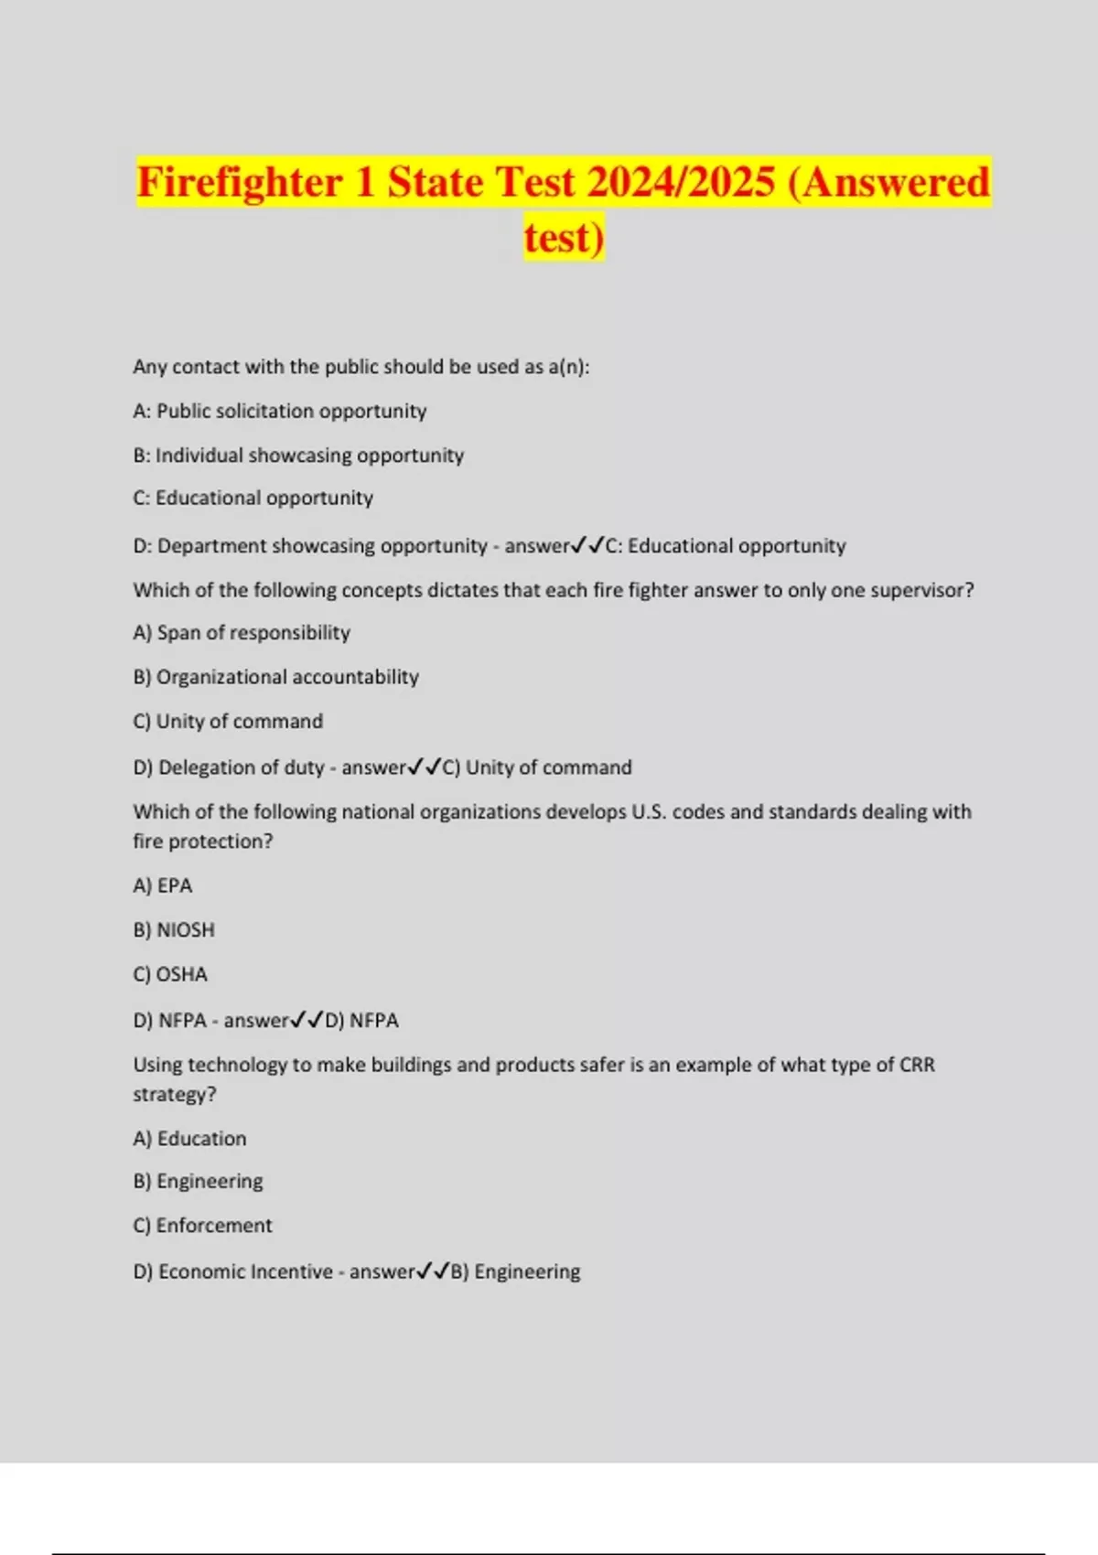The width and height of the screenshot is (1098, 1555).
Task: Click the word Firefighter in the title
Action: tap(240, 182)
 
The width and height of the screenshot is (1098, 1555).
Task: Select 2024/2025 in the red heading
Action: tap(681, 182)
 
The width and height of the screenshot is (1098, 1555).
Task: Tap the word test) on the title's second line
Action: tap(564, 237)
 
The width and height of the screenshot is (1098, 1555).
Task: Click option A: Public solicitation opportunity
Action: tap(279, 411)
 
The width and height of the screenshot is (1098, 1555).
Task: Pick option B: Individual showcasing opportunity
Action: tap(298, 455)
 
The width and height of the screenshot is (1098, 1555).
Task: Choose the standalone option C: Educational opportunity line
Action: tap(253, 498)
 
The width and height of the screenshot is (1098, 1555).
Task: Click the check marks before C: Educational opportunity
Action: tap(587, 545)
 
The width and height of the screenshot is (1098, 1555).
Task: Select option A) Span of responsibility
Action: tap(242, 632)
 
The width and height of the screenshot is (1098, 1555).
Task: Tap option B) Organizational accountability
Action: tap(275, 677)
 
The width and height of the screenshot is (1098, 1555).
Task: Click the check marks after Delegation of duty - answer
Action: tap(424, 767)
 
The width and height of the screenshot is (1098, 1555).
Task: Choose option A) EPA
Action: tap(163, 885)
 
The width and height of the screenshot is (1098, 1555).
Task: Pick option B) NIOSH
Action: tap(174, 929)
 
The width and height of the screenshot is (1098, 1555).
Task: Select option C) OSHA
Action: tap(170, 974)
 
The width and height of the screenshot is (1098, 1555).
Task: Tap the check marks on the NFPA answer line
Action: tap(307, 1020)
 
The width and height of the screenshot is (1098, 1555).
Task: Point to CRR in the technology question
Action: tap(917, 1065)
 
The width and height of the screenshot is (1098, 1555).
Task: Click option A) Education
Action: tap(189, 1138)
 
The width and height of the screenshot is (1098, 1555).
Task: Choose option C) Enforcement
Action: tap(202, 1225)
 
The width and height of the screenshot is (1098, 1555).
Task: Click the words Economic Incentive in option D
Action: tap(245, 1271)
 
